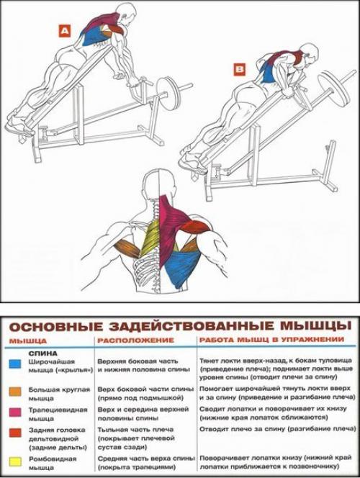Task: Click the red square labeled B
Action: (240, 69)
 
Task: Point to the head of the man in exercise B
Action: (310, 52)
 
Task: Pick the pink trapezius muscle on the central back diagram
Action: (168, 223)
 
